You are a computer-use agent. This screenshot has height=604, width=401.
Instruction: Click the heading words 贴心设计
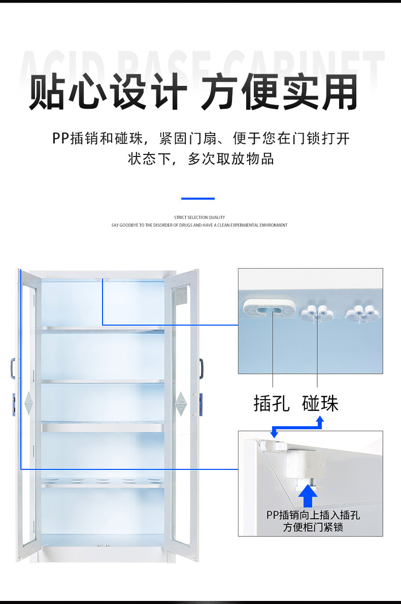(108, 92)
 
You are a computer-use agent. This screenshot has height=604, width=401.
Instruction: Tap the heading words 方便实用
(280, 92)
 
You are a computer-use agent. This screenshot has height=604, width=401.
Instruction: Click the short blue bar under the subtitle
(198, 198)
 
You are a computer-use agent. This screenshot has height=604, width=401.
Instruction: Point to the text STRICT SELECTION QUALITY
(199, 217)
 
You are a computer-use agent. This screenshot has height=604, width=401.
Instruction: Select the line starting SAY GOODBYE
(199, 225)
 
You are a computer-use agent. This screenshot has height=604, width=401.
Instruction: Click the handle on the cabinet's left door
(13, 368)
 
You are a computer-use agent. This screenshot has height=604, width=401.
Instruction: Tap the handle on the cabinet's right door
(202, 368)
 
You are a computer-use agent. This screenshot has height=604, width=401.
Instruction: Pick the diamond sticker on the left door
(28, 404)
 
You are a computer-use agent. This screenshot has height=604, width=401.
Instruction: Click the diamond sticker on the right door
(181, 404)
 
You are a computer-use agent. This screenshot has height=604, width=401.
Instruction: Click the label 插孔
(272, 404)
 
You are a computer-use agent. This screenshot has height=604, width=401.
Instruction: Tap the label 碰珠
(320, 404)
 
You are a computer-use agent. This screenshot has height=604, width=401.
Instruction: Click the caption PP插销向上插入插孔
(313, 515)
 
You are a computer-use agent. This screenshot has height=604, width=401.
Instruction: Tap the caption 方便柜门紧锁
(313, 527)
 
